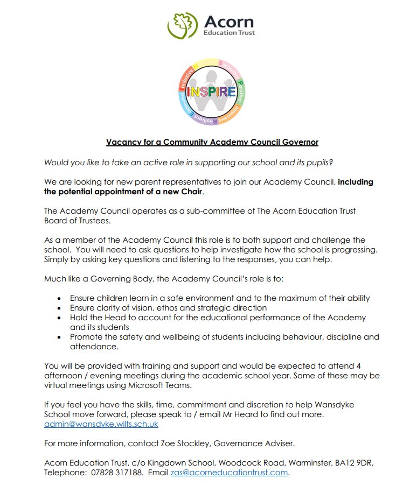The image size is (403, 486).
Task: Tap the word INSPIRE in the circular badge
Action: tap(211, 91)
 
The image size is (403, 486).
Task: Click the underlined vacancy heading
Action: tap(212, 142)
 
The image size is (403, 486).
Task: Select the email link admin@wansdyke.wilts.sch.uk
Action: tap(101, 424)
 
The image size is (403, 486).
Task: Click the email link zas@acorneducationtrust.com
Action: tap(230, 473)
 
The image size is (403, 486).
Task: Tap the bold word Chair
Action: tap(193, 192)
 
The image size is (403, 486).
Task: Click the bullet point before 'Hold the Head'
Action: tap(58, 318)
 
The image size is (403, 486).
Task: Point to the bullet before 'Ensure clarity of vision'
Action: tap(58, 308)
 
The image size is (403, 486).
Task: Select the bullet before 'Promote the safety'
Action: tap(58, 337)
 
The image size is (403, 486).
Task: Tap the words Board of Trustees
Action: tap(78, 221)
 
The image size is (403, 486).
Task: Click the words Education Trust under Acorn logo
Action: tap(229, 33)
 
